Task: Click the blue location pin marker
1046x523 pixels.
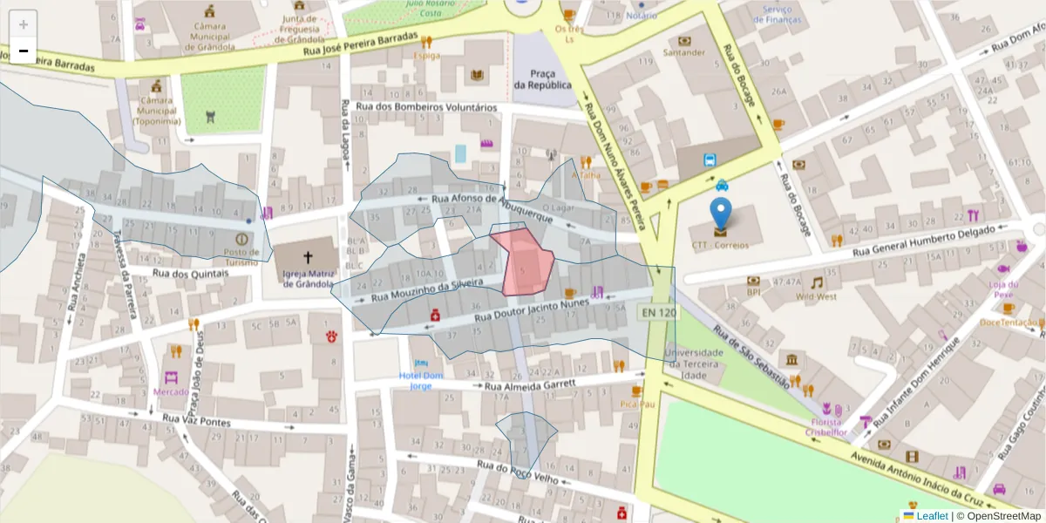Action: (720, 214)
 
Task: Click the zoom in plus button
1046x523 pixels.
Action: (24, 24)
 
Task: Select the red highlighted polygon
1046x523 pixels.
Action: (526, 261)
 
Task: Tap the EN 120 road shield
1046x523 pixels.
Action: (657, 312)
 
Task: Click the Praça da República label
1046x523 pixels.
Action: (542, 78)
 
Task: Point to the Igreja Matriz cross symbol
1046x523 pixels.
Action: (307, 257)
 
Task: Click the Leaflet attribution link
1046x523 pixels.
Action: (932, 516)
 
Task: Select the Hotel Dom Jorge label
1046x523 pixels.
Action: (421, 380)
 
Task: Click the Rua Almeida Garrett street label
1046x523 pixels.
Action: (531, 384)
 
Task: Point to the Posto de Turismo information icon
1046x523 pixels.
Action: (241, 238)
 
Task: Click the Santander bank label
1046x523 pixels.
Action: (683, 52)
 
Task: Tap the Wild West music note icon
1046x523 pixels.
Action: (817, 282)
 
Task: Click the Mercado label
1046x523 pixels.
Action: (171, 392)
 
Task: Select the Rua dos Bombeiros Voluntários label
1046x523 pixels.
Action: (426, 107)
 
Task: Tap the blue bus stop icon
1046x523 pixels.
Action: (711, 160)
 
